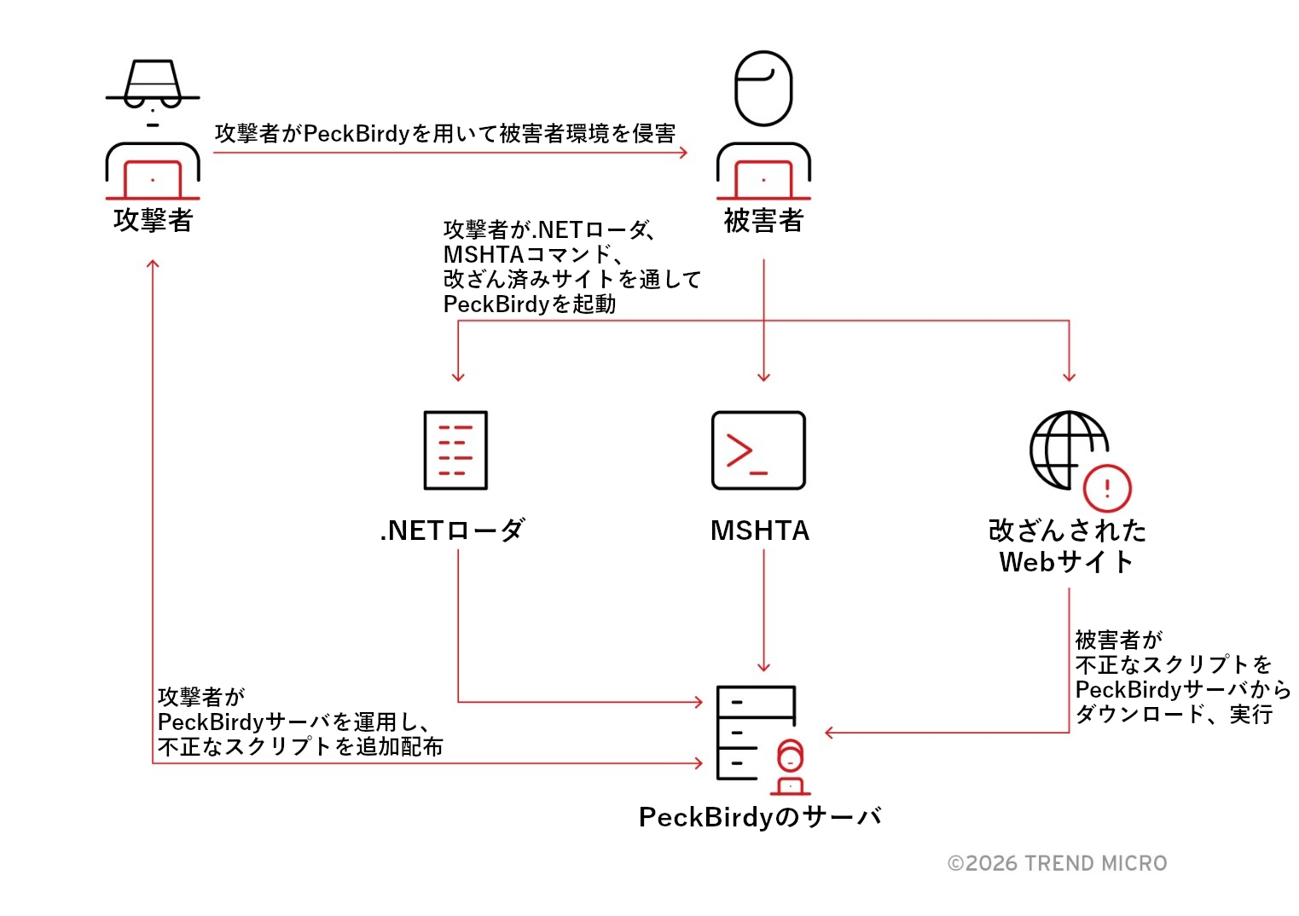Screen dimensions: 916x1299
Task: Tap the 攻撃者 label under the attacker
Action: coord(154,220)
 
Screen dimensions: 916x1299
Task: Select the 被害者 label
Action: coord(763,221)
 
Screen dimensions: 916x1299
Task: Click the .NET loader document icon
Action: coord(455,450)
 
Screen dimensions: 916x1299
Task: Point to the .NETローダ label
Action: coord(452,530)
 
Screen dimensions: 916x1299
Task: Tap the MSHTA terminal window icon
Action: coord(758,450)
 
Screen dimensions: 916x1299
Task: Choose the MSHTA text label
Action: coord(760,530)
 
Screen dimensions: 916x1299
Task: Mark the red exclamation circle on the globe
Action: coord(1107,489)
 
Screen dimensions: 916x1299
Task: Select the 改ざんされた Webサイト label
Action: coord(1067,546)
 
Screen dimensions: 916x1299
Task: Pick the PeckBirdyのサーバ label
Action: coord(760,817)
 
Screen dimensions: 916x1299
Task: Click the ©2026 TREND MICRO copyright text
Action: coord(1058,863)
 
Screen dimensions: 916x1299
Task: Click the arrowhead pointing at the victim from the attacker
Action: coord(683,153)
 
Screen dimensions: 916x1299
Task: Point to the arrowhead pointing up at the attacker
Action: coord(153,264)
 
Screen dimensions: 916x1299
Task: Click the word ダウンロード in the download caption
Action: coord(1139,714)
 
